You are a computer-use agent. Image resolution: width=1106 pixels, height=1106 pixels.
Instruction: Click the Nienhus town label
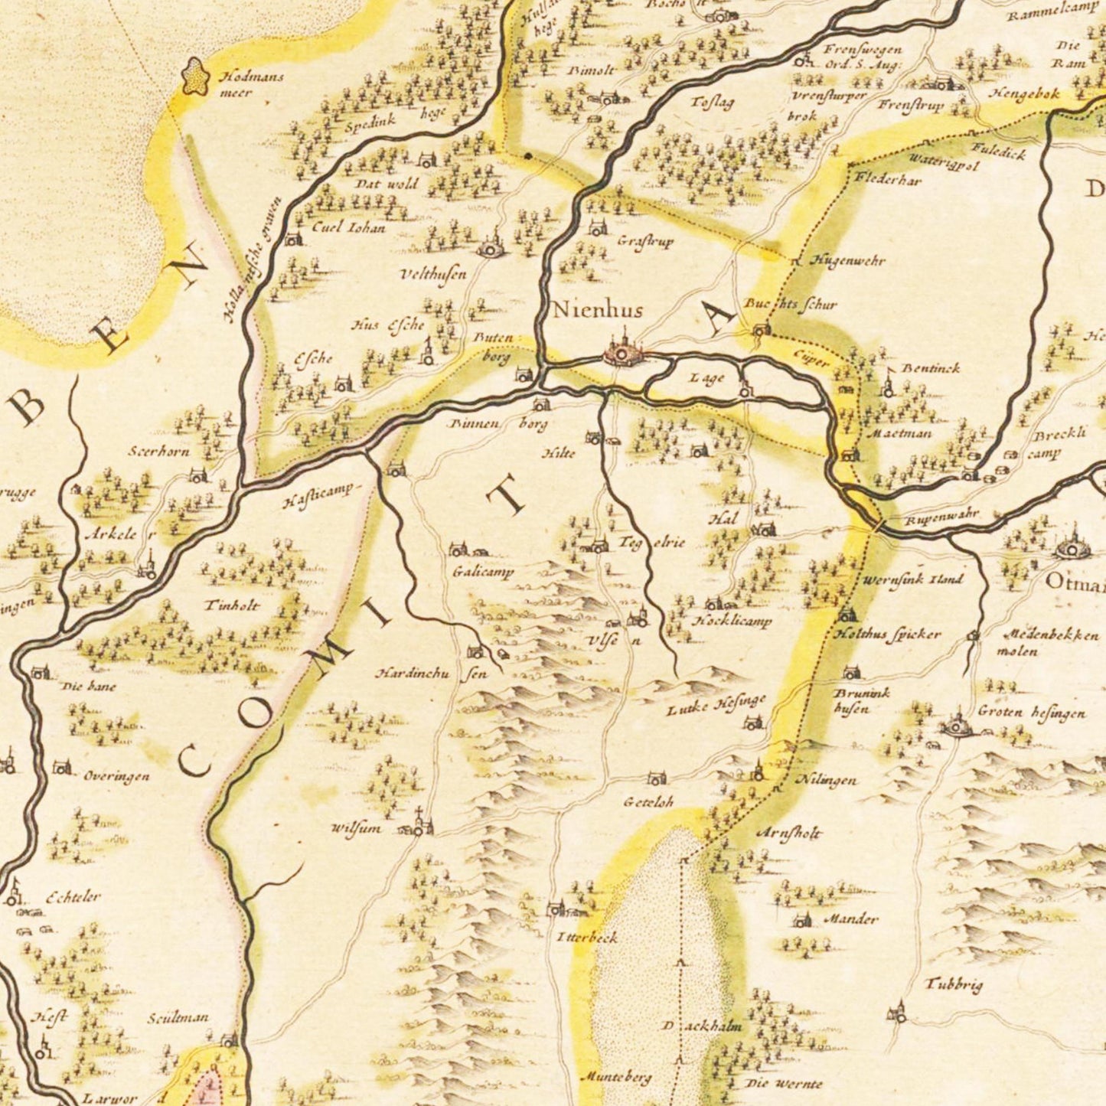point(597,310)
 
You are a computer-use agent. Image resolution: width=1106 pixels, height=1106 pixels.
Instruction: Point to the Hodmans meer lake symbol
point(195,77)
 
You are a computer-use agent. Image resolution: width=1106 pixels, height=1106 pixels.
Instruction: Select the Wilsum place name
point(356,828)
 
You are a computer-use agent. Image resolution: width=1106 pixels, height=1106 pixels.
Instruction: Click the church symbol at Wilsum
point(419,825)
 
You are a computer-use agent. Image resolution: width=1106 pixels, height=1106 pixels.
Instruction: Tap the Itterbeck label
point(586,937)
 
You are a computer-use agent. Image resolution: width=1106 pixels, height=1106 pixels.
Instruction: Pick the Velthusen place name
point(433,274)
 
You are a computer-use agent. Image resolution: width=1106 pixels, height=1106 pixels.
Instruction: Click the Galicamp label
point(483,572)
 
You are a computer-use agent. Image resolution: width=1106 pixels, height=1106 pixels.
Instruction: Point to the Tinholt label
point(232,605)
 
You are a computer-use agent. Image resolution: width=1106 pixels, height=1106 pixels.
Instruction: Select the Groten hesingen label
point(1031,713)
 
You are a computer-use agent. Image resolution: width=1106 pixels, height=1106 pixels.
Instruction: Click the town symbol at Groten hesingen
point(957,724)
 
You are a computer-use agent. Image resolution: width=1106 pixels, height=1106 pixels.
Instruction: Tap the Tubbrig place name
point(954,984)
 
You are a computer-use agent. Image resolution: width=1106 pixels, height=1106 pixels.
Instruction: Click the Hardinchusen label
point(430,674)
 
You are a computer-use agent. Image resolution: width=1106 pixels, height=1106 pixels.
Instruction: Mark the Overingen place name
point(116,776)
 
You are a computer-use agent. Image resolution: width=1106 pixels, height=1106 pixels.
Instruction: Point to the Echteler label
point(73,897)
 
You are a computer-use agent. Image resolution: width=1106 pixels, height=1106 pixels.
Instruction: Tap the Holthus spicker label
point(887,635)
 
